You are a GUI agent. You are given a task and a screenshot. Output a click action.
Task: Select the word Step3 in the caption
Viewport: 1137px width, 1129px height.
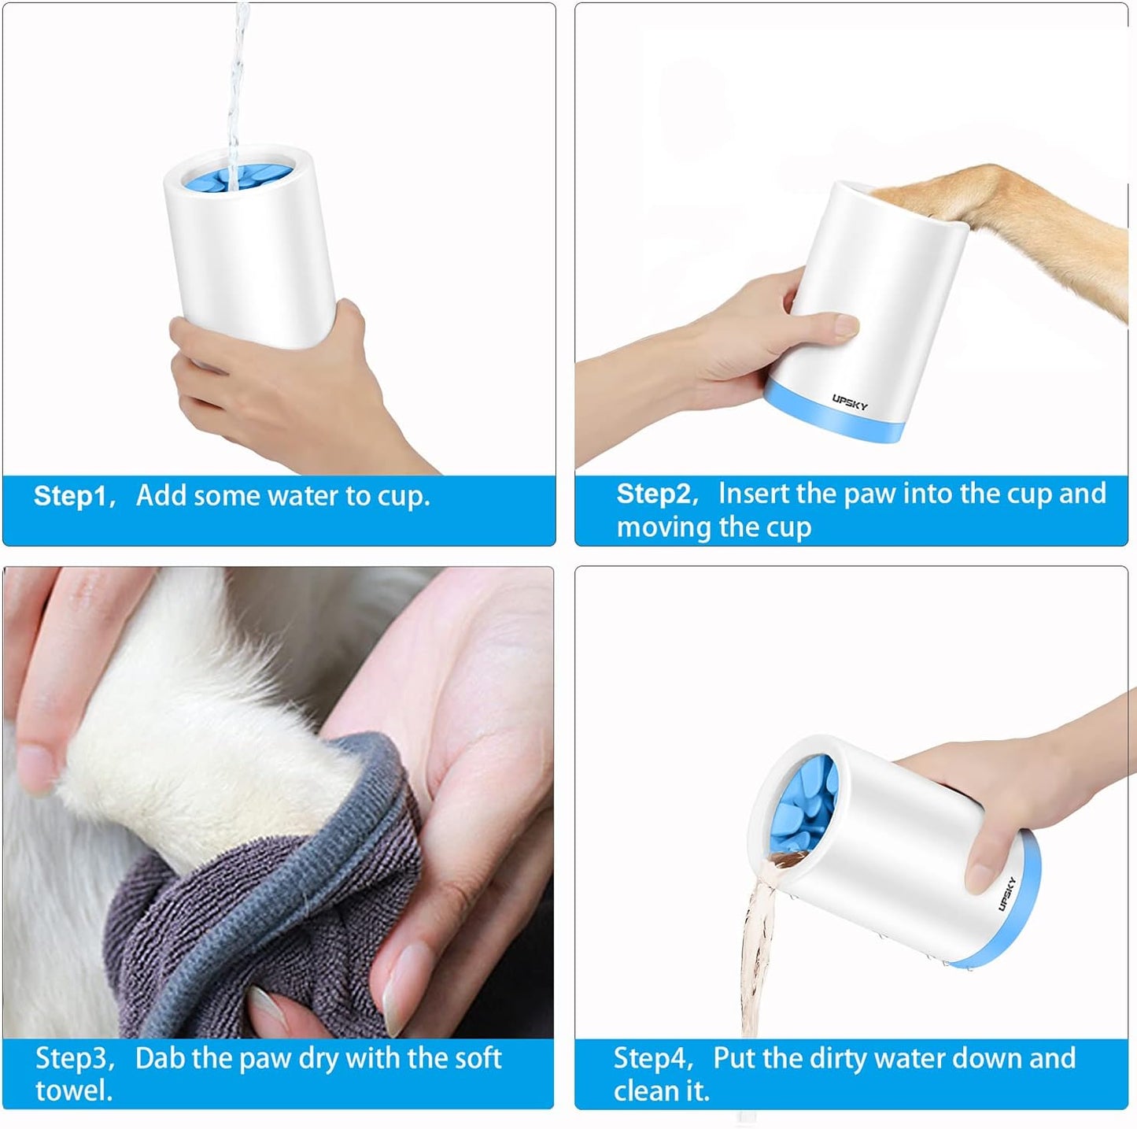[73, 1058]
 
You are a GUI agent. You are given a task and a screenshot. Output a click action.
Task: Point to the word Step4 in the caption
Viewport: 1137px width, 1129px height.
[652, 1058]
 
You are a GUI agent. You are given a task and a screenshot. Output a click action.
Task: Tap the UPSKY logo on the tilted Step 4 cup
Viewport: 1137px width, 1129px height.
[1007, 894]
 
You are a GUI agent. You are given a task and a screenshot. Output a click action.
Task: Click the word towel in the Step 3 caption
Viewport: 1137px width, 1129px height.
[74, 1091]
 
